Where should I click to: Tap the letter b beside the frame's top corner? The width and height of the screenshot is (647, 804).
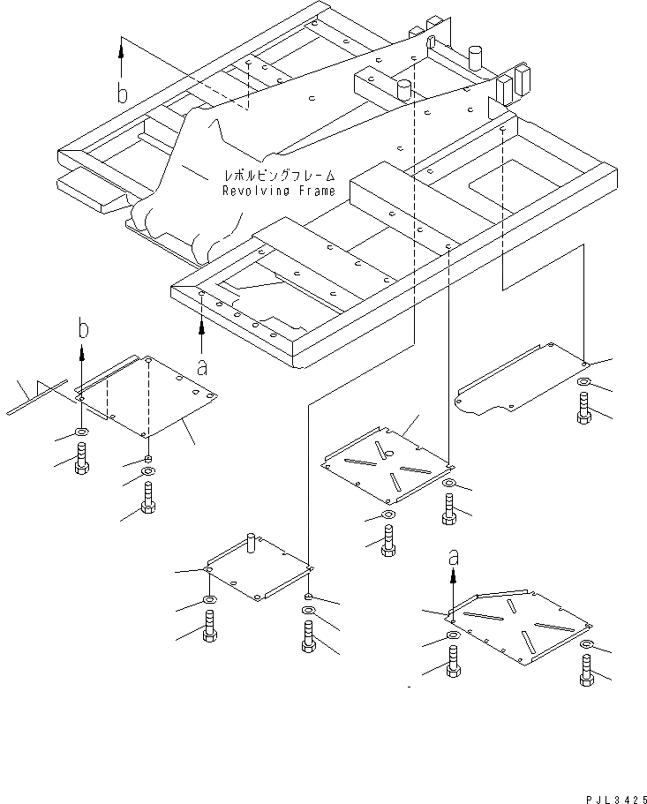(123, 94)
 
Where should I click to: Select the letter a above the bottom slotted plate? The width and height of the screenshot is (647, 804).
(453, 557)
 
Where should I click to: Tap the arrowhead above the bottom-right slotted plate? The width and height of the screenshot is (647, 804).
(453, 574)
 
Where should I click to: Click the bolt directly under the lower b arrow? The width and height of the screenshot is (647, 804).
(81, 458)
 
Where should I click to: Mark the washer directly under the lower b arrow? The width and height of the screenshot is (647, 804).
(81, 433)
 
